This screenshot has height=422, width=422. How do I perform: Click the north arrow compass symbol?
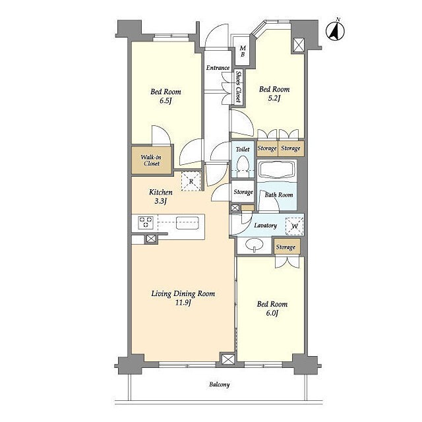[x=336, y=30]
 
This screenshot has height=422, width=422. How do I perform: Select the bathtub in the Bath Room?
[x=277, y=170]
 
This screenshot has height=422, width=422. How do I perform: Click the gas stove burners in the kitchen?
[x=146, y=223]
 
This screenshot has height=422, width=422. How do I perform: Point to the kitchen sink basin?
[x=187, y=223]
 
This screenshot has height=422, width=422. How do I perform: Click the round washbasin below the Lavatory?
[x=255, y=245]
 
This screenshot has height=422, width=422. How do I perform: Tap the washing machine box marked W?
[x=295, y=226]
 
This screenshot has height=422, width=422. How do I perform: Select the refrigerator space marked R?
[x=191, y=181]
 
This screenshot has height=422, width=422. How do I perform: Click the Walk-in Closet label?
[x=151, y=160]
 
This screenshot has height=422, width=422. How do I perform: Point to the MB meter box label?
[x=243, y=51]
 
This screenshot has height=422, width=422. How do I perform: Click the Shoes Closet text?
[x=238, y=86]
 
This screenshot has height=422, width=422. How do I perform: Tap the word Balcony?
[x=220, y=384]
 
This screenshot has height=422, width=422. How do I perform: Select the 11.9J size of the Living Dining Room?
[x=183, y=303]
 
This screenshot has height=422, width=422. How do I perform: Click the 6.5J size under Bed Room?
[x=166, y=101]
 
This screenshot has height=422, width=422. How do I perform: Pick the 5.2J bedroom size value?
[x=274, y=98]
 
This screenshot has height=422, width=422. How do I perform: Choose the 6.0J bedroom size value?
[x=272, y=313]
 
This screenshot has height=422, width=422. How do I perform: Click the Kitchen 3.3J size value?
[x=161, y=201]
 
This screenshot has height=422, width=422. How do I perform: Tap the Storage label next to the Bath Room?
[x=243, y=192]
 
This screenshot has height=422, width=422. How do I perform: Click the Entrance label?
[x=218, y=68]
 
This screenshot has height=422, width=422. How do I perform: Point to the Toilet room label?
[x=243, y=150]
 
